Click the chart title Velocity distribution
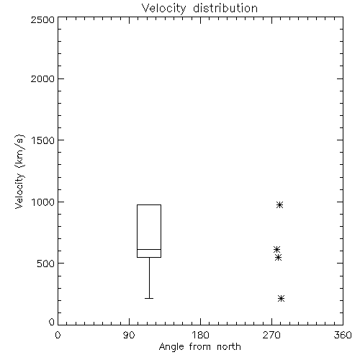click(x=199, y=9)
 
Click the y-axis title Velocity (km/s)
click(x=19, y=171)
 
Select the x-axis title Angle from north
click(x=199, y=347)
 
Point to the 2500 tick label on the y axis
click(x=42, y=19)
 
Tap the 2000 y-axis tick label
click(x=42, y=78)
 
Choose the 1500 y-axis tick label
click(x=43, y=140)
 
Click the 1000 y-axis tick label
click(x=43, y=202)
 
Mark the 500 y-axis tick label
click(x=46, y=264)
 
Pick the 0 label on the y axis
click(x=52, y=322)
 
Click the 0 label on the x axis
click(x=58, y=335)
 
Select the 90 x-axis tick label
click(x=129, y=335)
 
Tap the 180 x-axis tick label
click(x=200, y=335)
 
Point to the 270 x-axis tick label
click(x=271, y=335)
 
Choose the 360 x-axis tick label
click(x=343, y=335)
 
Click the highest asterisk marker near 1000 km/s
click(x=279, y=204)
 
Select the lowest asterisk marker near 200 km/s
click(x=281, y=298)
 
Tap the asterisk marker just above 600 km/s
click(x=276, y=249)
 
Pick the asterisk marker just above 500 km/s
click(x=278, y=258)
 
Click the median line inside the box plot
click(x=149, y=249)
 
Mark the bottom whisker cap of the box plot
click(x=149, y=298)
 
